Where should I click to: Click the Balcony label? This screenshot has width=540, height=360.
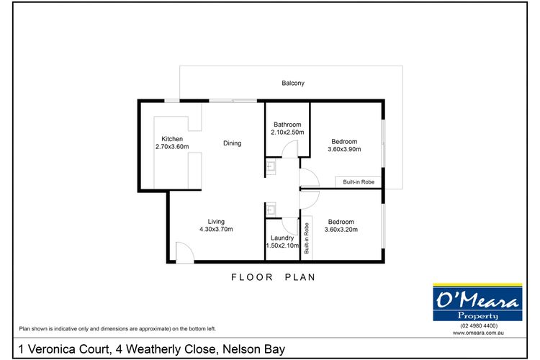point(292,84)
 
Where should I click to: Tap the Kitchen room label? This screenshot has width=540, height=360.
point(172,139)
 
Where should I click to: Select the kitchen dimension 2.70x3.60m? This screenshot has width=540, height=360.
point(172,147)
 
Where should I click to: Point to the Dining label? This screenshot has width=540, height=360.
point(232,143)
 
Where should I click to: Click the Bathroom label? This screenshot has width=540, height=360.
point(287,125)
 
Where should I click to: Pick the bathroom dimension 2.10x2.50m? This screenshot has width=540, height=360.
point(287,132)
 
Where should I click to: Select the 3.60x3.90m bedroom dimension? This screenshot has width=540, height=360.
point(344,150)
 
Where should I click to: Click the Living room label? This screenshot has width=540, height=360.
point(216,221)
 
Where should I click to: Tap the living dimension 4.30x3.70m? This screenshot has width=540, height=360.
point(216,230)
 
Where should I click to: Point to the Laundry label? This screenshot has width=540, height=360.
point(282,238)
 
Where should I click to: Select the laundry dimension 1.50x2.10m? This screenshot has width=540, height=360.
point(283,246)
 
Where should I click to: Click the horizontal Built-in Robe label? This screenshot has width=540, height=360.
point(358,182)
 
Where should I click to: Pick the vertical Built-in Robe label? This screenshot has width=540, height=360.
point(307,238)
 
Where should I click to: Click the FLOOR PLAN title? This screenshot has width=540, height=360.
point(274,276)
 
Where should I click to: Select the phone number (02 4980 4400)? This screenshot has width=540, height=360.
point(477,327)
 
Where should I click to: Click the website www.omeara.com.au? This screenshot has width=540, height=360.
point(477,333)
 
